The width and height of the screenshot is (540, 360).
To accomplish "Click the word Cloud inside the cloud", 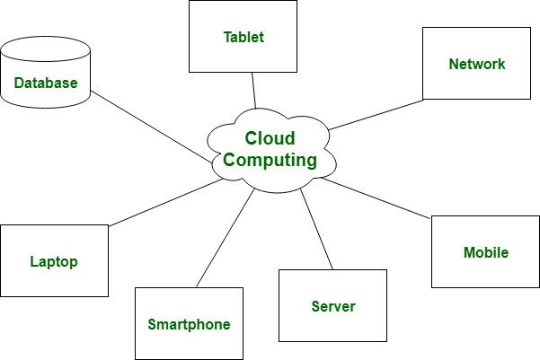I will (x=270, y=139).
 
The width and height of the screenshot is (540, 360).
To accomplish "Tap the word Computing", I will (x=270, y=161).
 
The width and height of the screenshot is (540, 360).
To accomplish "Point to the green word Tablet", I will (x=243, y=38).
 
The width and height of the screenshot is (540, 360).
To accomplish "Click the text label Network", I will (x=477, y=65).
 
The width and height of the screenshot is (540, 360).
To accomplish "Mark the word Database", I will (x=46, y=83).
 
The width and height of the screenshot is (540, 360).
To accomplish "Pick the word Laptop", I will (x=54, y=262).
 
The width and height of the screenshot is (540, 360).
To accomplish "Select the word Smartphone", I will (x=189, y=325).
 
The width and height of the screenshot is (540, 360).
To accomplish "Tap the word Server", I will (x=333, y=307).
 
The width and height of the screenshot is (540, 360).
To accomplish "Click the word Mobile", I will (x=486, y=253).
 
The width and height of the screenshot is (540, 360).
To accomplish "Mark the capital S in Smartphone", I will (x=152, y=325).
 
